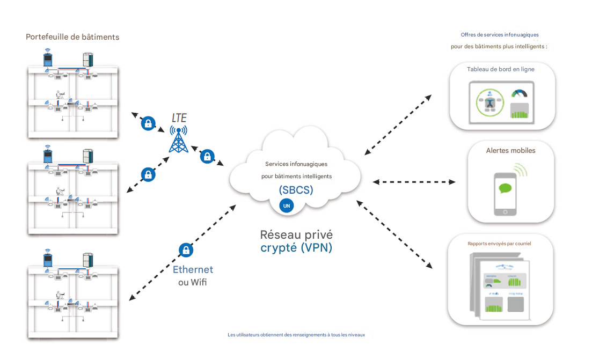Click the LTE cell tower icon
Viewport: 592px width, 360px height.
point(178,139)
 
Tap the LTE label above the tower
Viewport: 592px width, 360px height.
point(179,117)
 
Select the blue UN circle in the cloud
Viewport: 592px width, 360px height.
point(287,206)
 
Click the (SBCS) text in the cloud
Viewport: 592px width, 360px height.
point(296,190)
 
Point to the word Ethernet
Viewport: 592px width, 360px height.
point(193,270)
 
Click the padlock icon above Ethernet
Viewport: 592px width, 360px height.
point(186,250)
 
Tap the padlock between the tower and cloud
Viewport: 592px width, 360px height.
point(207,157)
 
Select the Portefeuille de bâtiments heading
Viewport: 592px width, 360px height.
point(72,37)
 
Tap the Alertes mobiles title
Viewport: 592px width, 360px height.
point(510,151)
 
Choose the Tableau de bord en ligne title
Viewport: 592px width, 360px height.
point(500,69)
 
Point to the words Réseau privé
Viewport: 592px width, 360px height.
point(296,234)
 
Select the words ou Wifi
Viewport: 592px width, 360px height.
point(193,282)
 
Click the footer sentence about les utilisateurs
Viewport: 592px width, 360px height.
point(296,335)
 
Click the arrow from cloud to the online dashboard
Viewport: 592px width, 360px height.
point(397,125)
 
